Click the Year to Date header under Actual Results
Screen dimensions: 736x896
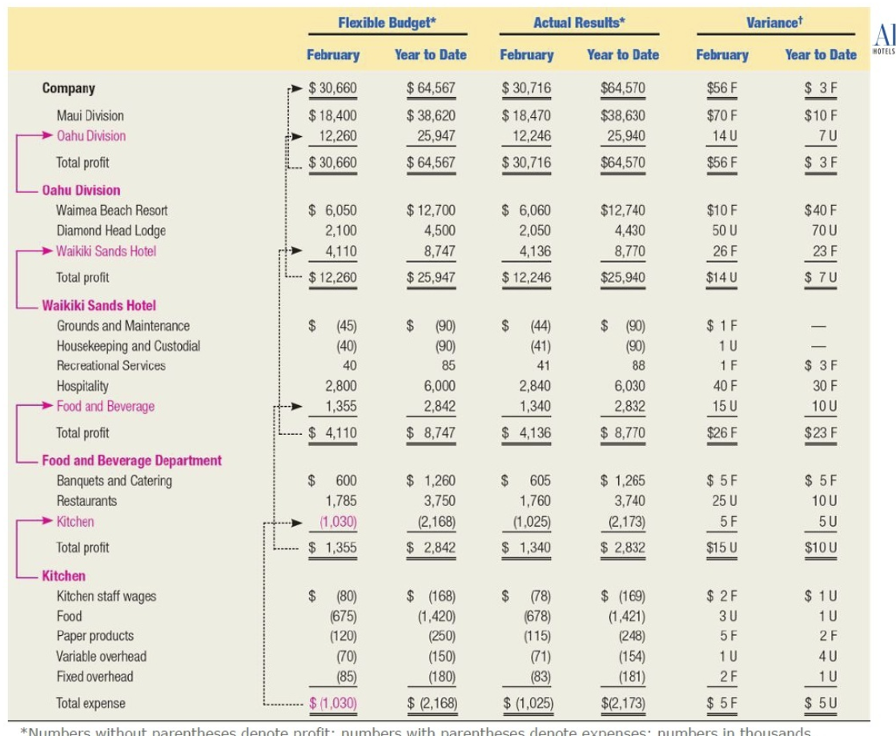coord(622,55)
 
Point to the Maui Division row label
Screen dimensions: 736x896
coord(90,115)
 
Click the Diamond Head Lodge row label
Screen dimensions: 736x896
coord(110,231)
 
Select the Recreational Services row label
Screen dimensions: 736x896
coord(110,365)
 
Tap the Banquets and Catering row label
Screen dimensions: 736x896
coord(114,481)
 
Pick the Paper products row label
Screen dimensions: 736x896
coord(94,636)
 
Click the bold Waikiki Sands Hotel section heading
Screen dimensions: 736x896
coord(98,305)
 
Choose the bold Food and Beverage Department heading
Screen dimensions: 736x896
coord(131,461)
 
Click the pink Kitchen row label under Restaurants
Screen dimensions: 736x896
coord(74,521)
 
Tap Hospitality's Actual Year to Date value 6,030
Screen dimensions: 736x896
coord(629,385)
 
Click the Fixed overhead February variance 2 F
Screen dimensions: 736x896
coord(724,676)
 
